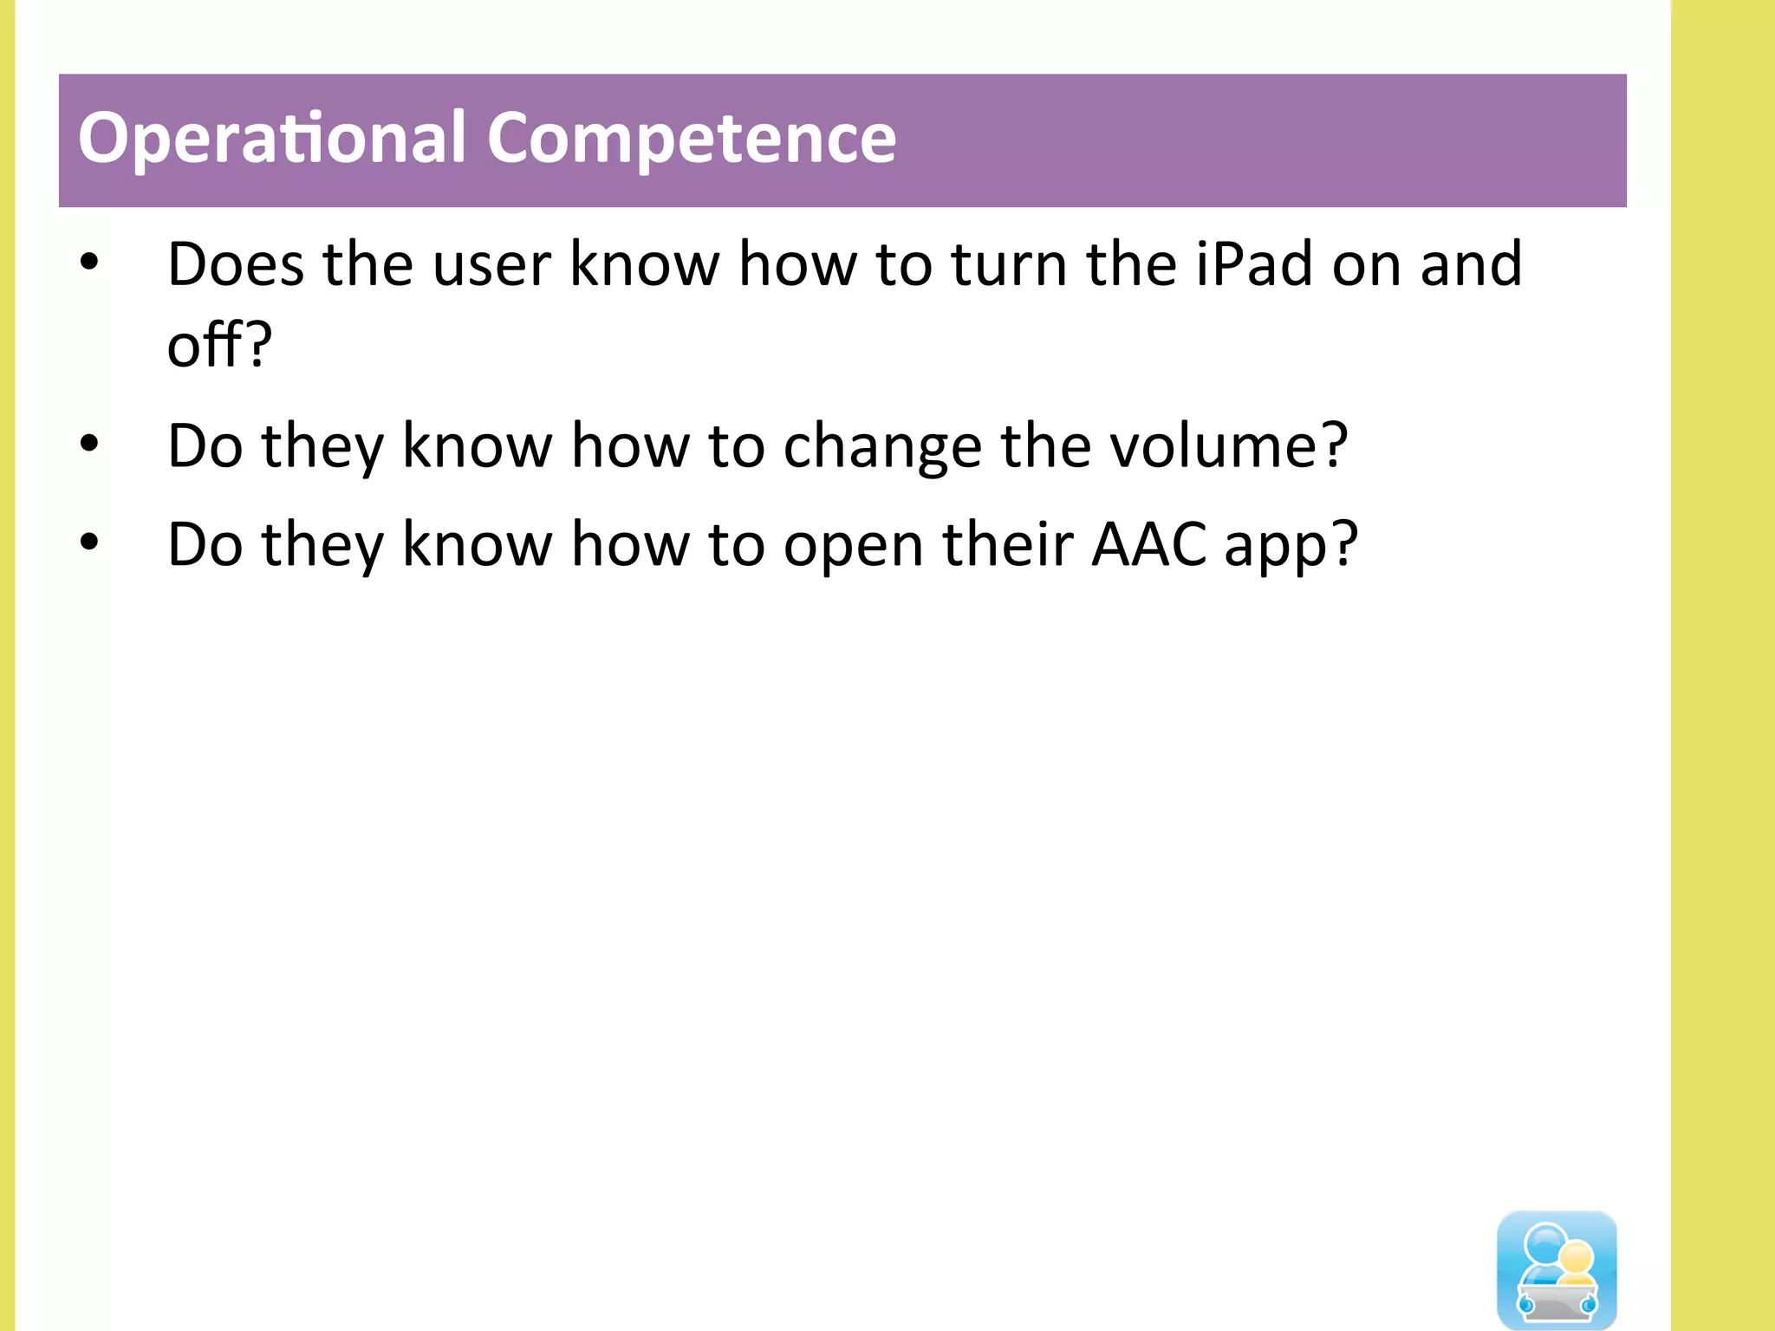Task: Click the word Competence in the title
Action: tap(691, 139)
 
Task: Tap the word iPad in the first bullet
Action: tap(1254, 264)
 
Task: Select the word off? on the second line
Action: tap(219, 345)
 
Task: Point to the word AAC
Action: tap(1148, 545)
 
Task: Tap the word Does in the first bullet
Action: tap(235, 264)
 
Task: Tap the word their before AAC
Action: tap(1007, 545)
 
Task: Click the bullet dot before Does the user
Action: tap(89, 261)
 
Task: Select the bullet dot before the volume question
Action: tap(89, 444)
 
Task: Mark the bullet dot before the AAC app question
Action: tap(89, 542)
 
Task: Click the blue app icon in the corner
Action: tap(1557, 1269)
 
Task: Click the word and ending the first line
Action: tap(1471, 264)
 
